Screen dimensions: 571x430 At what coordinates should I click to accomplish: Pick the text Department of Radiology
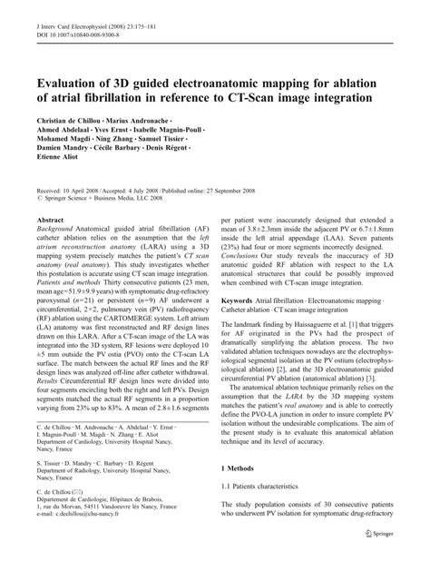coord(68,492)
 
